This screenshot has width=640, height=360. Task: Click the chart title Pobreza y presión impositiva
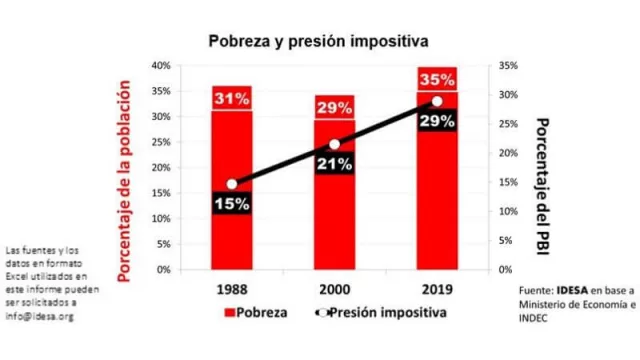point(318,41)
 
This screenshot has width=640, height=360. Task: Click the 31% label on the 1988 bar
point(231,99)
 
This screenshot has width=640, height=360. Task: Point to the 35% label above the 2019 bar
point(437,80)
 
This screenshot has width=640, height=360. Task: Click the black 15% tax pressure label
point(231,202)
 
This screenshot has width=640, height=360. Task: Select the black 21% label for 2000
point(334,164)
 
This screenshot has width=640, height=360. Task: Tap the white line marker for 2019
point(437,102)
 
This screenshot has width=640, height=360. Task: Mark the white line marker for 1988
point(232,184)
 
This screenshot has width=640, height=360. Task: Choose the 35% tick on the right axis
point(507,65)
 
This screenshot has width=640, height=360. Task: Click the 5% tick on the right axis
point(505,240)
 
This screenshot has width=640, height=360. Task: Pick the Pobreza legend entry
point(253,312)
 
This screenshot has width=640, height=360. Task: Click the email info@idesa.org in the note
point(40,316)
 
